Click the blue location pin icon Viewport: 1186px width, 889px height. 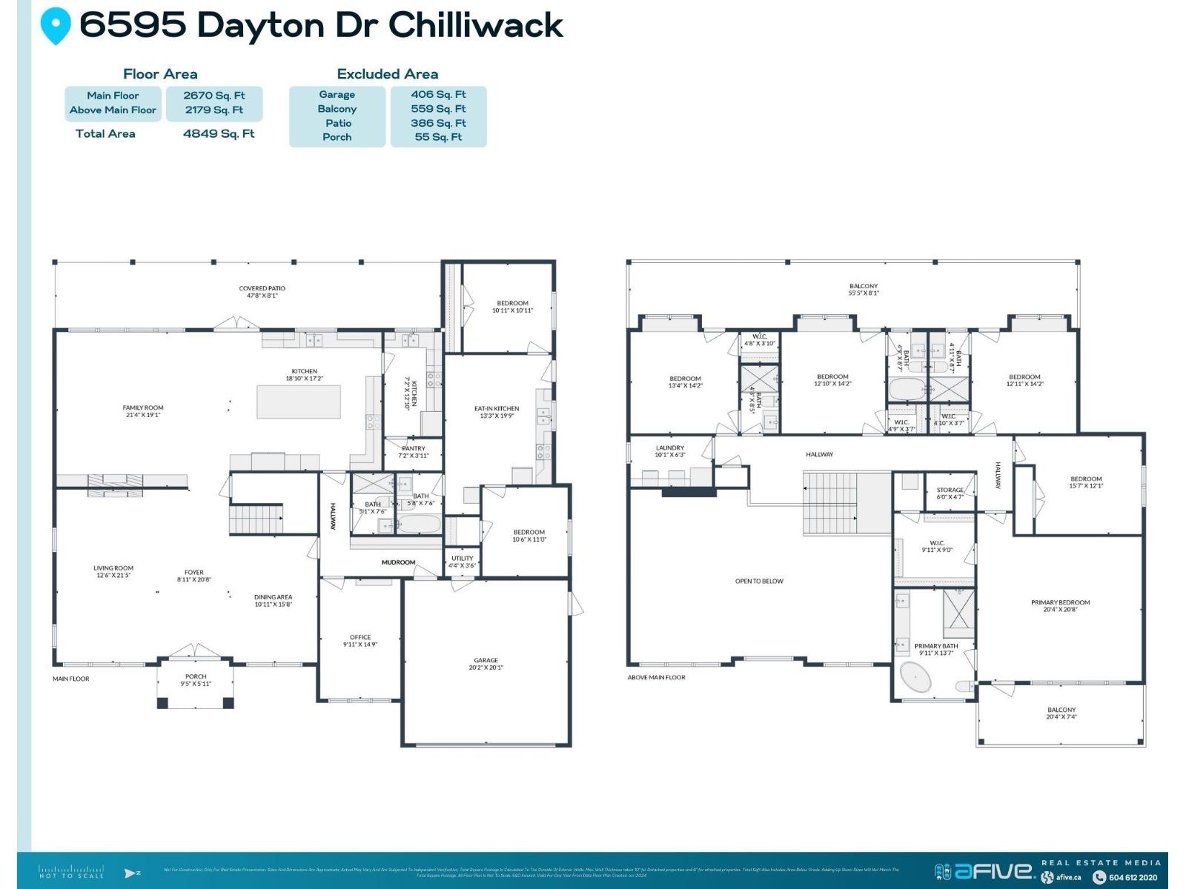point(56,25)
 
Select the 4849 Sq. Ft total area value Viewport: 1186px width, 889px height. point(219,133)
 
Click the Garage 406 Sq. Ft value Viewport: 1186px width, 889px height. point(438,94)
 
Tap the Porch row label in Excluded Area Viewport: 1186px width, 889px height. point(337,137)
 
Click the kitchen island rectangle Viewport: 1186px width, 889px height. point(299,402)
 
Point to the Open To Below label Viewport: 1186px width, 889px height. point(759,581)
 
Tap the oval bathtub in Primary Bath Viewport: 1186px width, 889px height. point(917,677)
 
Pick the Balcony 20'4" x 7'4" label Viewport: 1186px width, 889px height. point(1061,713)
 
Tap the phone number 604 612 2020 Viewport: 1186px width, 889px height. point(1133,877)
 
